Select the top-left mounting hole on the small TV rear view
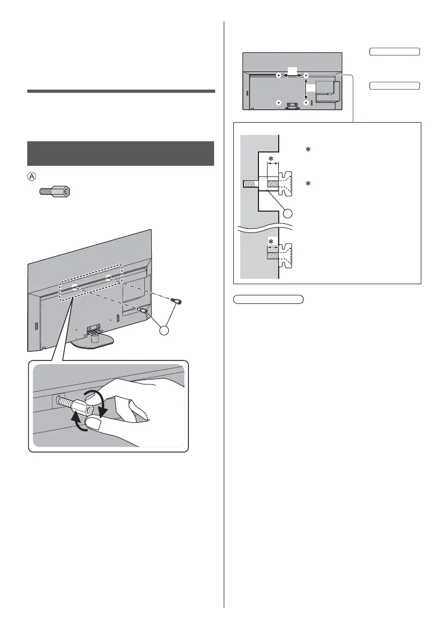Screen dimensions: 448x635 [278, 76]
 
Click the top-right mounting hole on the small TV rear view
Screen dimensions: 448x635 [306, 76]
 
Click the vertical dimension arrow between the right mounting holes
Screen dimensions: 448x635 [306, 89]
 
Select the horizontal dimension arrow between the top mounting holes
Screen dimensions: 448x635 [292, 76]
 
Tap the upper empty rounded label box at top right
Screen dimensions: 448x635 [394, 52]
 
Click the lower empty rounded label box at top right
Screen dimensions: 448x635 [394, 85]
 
